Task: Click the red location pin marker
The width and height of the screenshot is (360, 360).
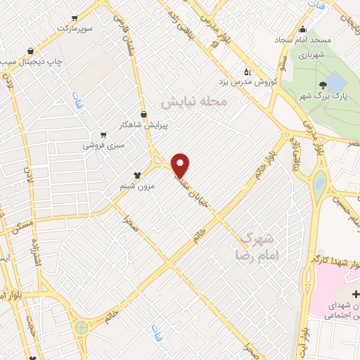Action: [x=181, y=165]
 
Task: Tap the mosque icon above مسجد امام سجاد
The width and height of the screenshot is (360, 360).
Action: [x=303, y=29]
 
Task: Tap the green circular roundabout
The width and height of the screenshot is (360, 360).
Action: [x=82, y=328]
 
